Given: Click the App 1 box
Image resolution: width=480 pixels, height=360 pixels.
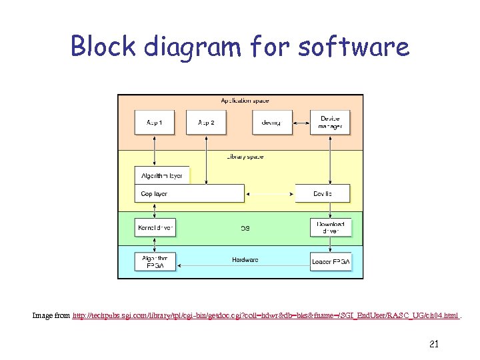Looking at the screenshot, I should pos(155,123).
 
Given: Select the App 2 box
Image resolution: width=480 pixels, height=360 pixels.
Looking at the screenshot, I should pos(206,123).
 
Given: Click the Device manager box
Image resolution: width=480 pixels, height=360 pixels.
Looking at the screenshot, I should pos(330,123).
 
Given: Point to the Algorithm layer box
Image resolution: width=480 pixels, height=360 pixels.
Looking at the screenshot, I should pos(162,176).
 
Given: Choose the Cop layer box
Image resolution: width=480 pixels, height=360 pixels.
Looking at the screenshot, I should pos(189,193).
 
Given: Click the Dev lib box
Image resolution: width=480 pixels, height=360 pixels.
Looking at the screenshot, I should pos(323,193).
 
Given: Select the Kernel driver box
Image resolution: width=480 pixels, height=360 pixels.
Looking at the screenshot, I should pos(155,228).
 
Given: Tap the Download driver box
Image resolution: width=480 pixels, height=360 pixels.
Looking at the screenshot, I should pos(330,227).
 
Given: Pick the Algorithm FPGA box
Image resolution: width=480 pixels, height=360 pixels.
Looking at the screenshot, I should pos(155,261).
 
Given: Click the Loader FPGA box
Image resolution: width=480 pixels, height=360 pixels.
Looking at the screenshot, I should pos(330,261).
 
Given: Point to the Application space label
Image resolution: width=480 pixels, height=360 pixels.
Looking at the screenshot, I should pos(245,101).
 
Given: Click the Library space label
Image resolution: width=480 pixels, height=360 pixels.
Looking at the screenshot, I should pos(245,157).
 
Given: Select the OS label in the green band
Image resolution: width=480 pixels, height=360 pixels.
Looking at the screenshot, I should pos(245,228).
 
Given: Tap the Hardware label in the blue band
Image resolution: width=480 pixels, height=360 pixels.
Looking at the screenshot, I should pos(245,259).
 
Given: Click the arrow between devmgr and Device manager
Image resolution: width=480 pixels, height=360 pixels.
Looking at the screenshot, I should pos(301,123).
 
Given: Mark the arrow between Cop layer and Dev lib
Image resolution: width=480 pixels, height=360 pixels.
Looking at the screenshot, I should pos(270,193).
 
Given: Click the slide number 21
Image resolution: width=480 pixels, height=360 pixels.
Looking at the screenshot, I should pos(433,344).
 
